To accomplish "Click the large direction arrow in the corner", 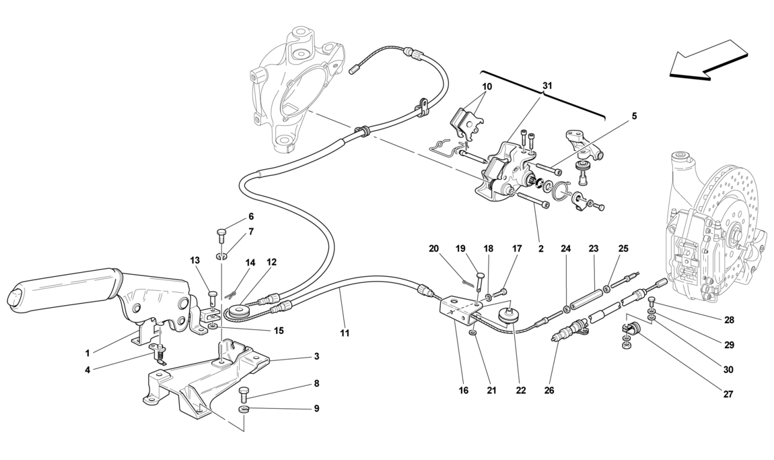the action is [x=708, y=61].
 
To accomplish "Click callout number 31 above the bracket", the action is [x=547, y=86].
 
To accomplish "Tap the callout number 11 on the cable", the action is [x=345, y=333].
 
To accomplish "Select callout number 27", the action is [x=729, y=394].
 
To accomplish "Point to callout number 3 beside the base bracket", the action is [x=316, y=356].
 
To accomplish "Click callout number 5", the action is [x=634, y=117].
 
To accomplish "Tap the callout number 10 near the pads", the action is [x=487, y=87].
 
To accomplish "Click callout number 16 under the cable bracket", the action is [x=463, y=391].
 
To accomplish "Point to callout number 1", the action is [x=87, y=353].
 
